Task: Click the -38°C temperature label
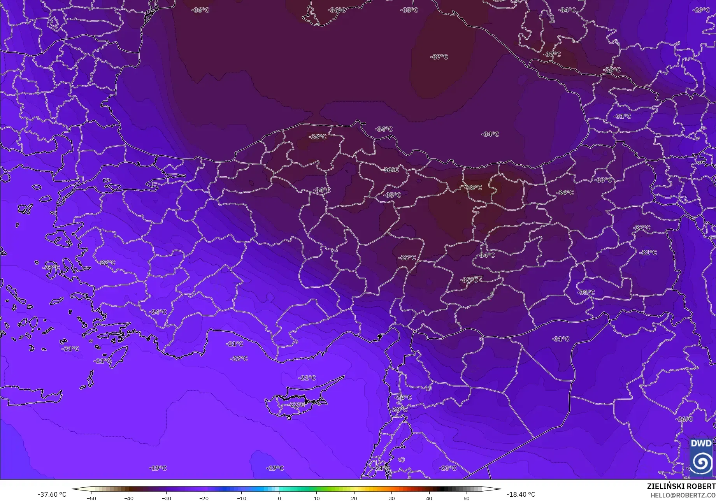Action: click(473, 187)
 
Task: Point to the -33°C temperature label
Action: click(603, 180)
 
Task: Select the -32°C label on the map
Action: click(641, 228)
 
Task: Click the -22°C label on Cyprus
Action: click(297, 404)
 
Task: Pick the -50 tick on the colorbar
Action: click(91, 498)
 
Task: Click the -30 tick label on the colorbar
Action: click(166, 498)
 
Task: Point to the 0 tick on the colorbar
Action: click(279, 498)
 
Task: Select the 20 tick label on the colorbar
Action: click(354, 498)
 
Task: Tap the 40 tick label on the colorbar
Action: click(429, 498)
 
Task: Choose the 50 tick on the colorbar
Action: click(467, 498)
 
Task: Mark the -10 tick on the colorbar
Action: click(241, 498)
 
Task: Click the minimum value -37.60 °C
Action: click(52, 494)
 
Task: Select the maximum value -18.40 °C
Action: click(521, 494)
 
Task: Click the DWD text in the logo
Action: click(701, 443)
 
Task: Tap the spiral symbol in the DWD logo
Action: click(701, 462)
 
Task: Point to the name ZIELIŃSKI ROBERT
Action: click(681, 486)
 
